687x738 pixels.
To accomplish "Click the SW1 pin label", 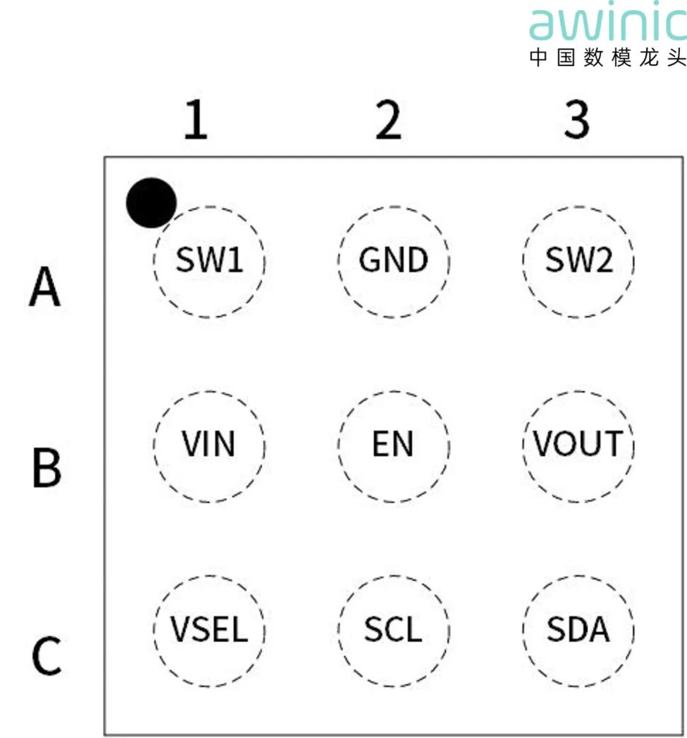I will [209, 260].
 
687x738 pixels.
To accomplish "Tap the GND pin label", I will [394, 260].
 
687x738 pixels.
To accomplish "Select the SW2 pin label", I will [579, 260].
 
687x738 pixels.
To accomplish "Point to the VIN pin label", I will [209, 444].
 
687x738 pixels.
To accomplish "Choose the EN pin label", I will [393, 444].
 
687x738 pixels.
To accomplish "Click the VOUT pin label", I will [578, 444].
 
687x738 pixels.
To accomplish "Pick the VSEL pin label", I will [209, 629].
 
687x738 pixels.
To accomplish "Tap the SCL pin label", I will [393, 629].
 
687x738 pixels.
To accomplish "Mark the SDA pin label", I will [578, 629].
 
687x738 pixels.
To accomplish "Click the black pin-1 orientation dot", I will [151, 202].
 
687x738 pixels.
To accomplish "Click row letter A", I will [45, 287].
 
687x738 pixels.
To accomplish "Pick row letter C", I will [46, 656].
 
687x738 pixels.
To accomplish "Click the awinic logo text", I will [607, 24].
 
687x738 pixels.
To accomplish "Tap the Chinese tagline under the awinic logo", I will [607, 57].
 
